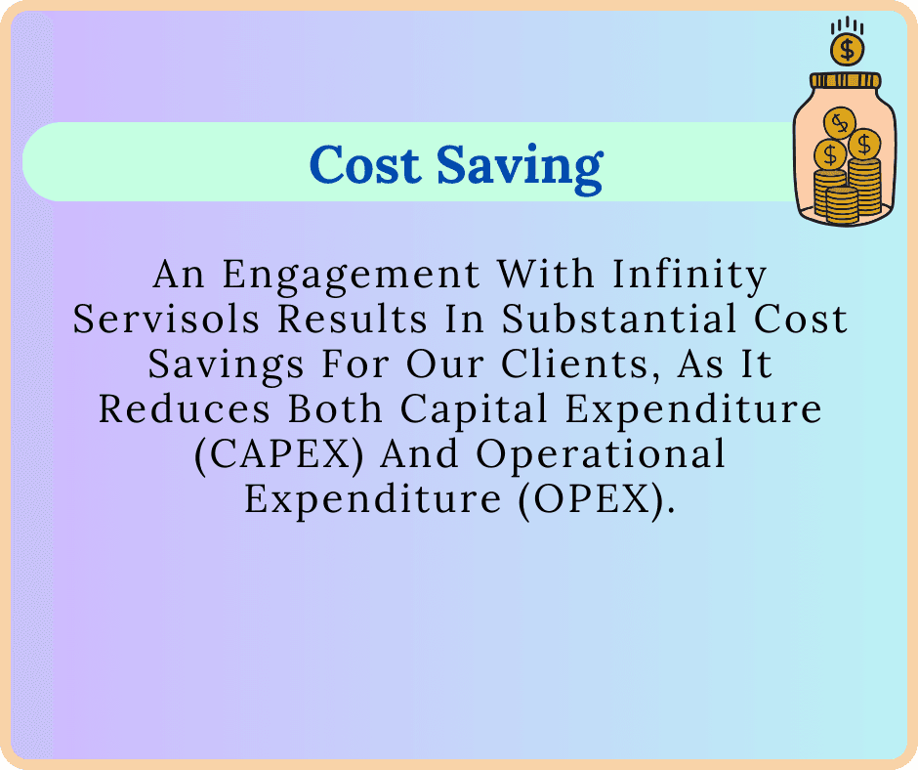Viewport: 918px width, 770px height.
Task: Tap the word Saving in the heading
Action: pyautogui.click(x=520, y=168)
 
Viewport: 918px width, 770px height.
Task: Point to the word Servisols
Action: pyautogui.click(x=166, y=319)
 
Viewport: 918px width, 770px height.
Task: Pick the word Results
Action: pyautogui.click(x=352, y=319)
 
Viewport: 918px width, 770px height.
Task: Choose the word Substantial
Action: pyautogui.click(x=619, y=319)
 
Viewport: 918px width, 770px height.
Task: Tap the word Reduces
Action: pyautogui.click(x=185, y=408)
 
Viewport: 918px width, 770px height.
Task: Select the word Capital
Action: pyautogui.click(x=475, y=409)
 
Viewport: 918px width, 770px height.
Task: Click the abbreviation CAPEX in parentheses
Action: pyautogui.click(x=278, y=454)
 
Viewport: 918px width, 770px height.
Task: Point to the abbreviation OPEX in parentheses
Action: pyautogui.click(x=597, y=500)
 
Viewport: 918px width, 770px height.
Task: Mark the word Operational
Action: pyautogui.click(x=600, y=454)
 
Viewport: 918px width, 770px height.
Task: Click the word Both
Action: pyautogui.click(x=336, y=408)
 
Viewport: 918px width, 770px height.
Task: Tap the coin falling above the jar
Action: pyautogui.click(x=847, y=50)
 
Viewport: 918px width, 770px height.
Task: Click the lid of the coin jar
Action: pyautogui.click(x=846, y=80)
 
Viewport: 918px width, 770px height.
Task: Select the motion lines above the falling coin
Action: pyautogui.click(x=847, y=25)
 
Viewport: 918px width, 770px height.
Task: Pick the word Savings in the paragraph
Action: pyautogui.click(x=226, y=365)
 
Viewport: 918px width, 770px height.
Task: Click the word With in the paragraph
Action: pyautogui.click(x=546, y=274)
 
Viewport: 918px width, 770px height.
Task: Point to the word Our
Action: pyautogui.click(x=445, y=364)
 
